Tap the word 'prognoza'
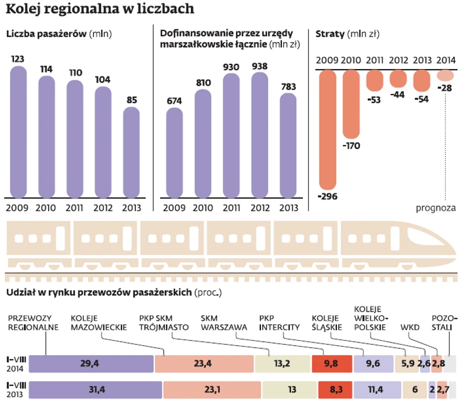pos(436,208)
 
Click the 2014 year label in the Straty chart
pos(446,60)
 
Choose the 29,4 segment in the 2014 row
pos(90,364)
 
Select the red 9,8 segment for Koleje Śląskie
pos(331,364)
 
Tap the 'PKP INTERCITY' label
pos(279,323)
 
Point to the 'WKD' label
pos(410,327)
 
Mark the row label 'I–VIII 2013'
pos(14,389)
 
